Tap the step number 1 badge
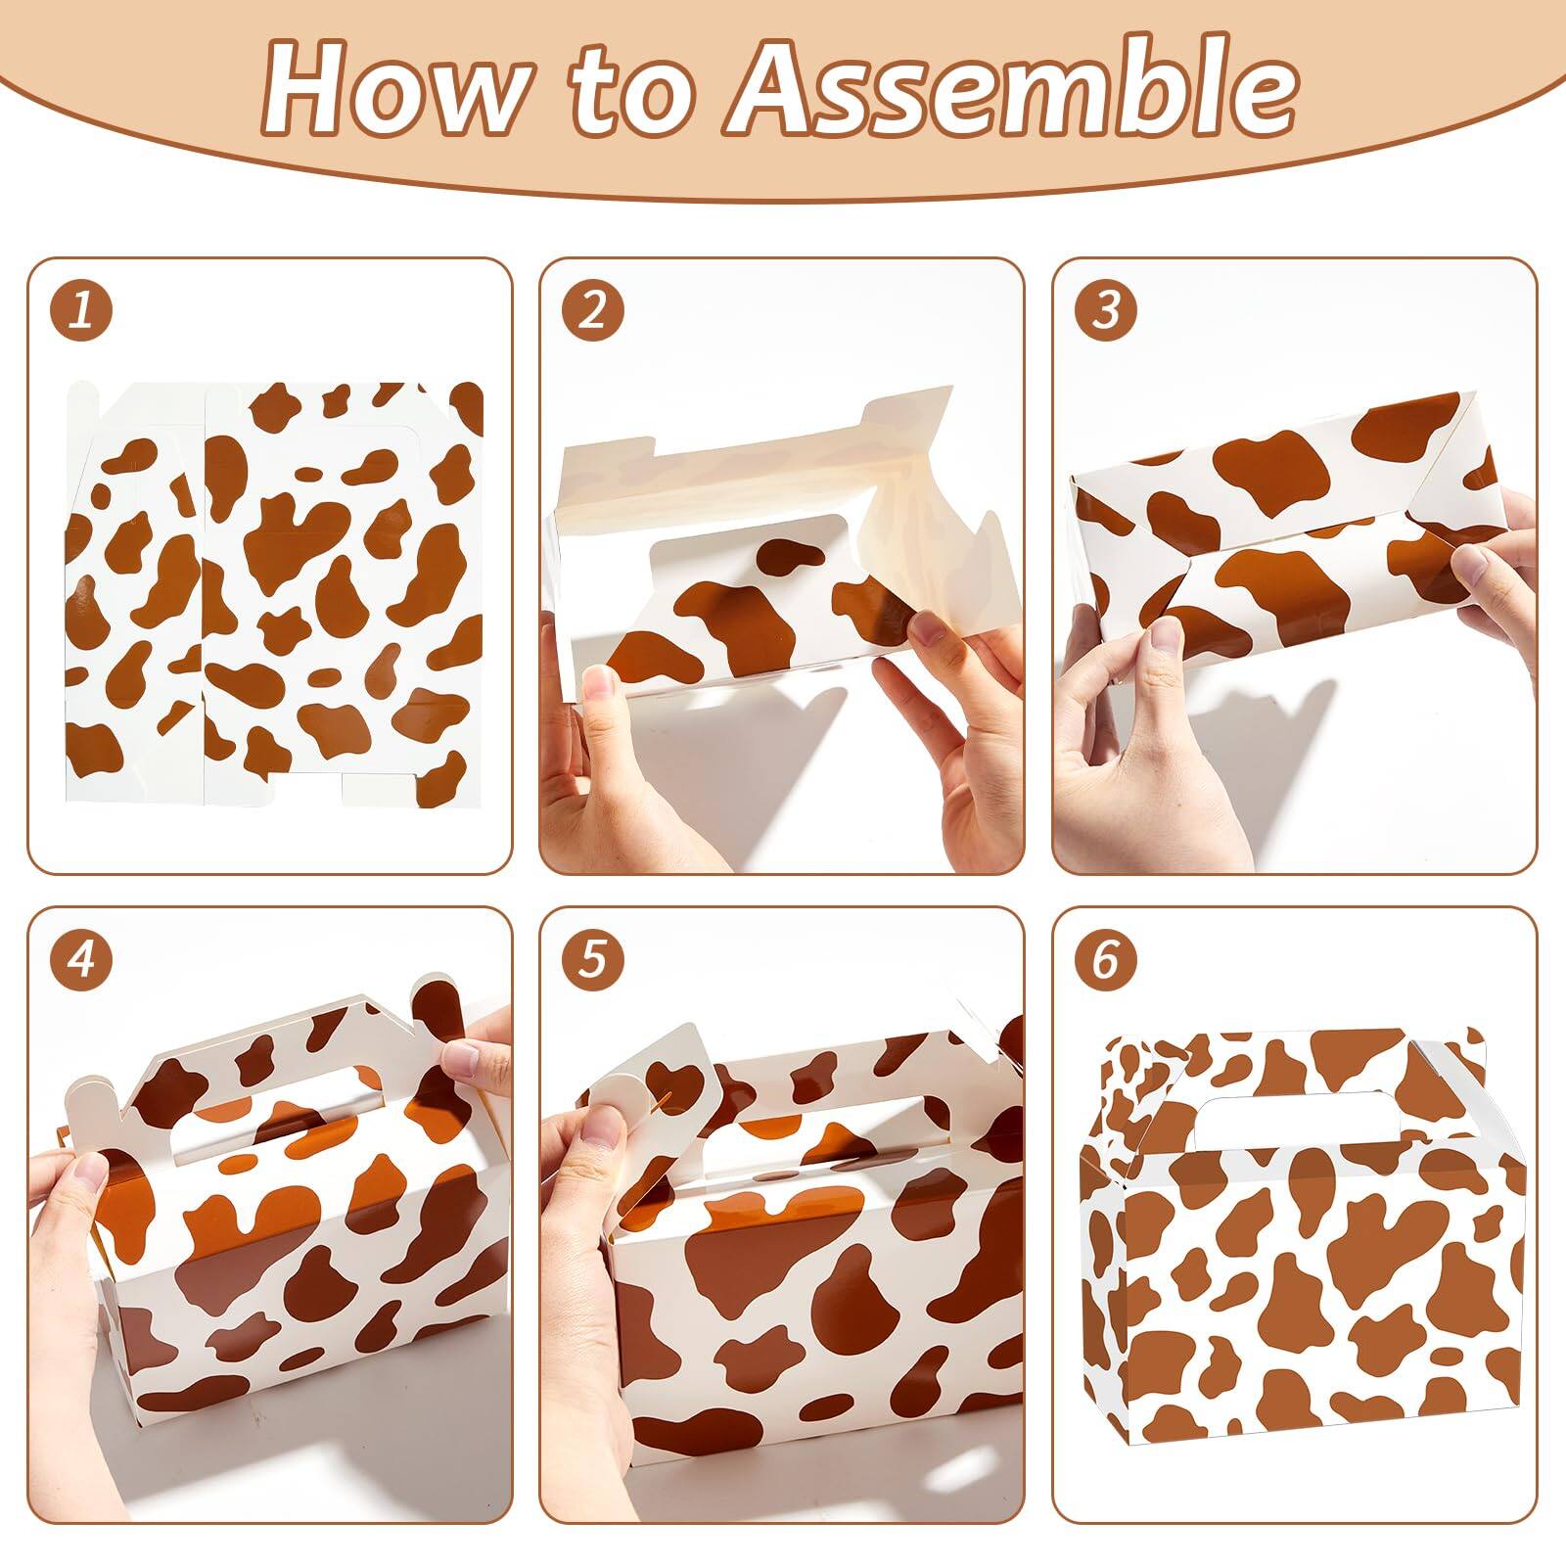pos(81,311)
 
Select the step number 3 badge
pos(1105,311)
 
